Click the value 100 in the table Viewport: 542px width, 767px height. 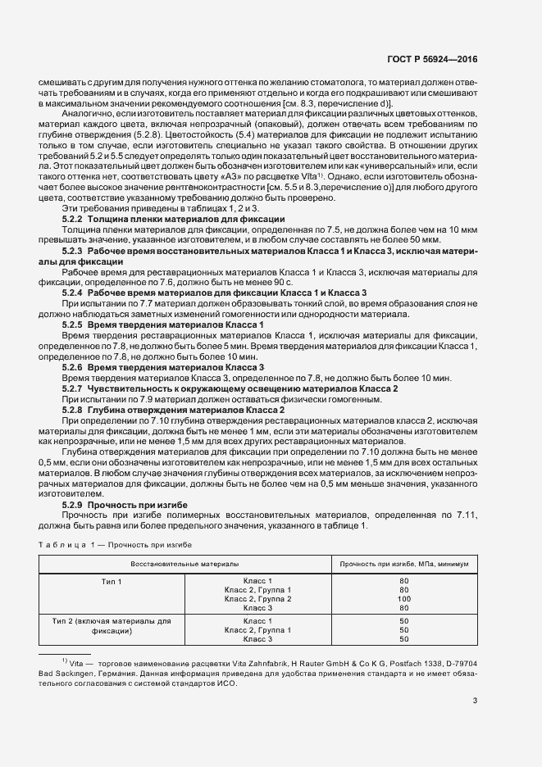click(404, 599)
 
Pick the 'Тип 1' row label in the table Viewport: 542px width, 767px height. click(110, 581)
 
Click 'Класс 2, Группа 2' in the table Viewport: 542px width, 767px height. click(257, 599)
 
